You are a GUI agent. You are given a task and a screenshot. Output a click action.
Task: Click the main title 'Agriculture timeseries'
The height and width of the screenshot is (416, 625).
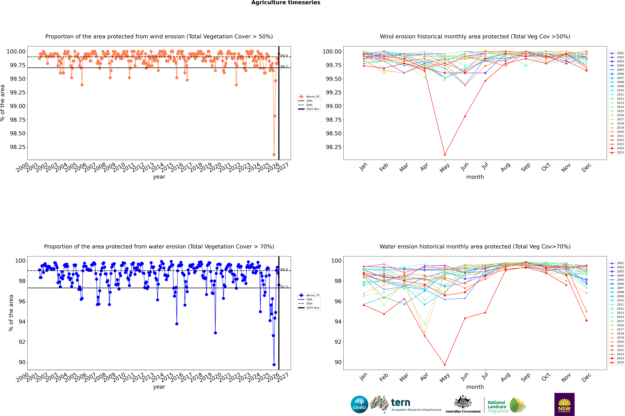(x=286, y=3)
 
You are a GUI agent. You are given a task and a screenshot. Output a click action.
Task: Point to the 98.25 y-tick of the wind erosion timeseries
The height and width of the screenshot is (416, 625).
(x=18, y=147)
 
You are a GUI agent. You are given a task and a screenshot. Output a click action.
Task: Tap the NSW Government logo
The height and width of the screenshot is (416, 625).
(x=564, y=404)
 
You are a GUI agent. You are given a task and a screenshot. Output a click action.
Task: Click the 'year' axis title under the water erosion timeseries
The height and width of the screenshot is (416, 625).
(x=159, y=387)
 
